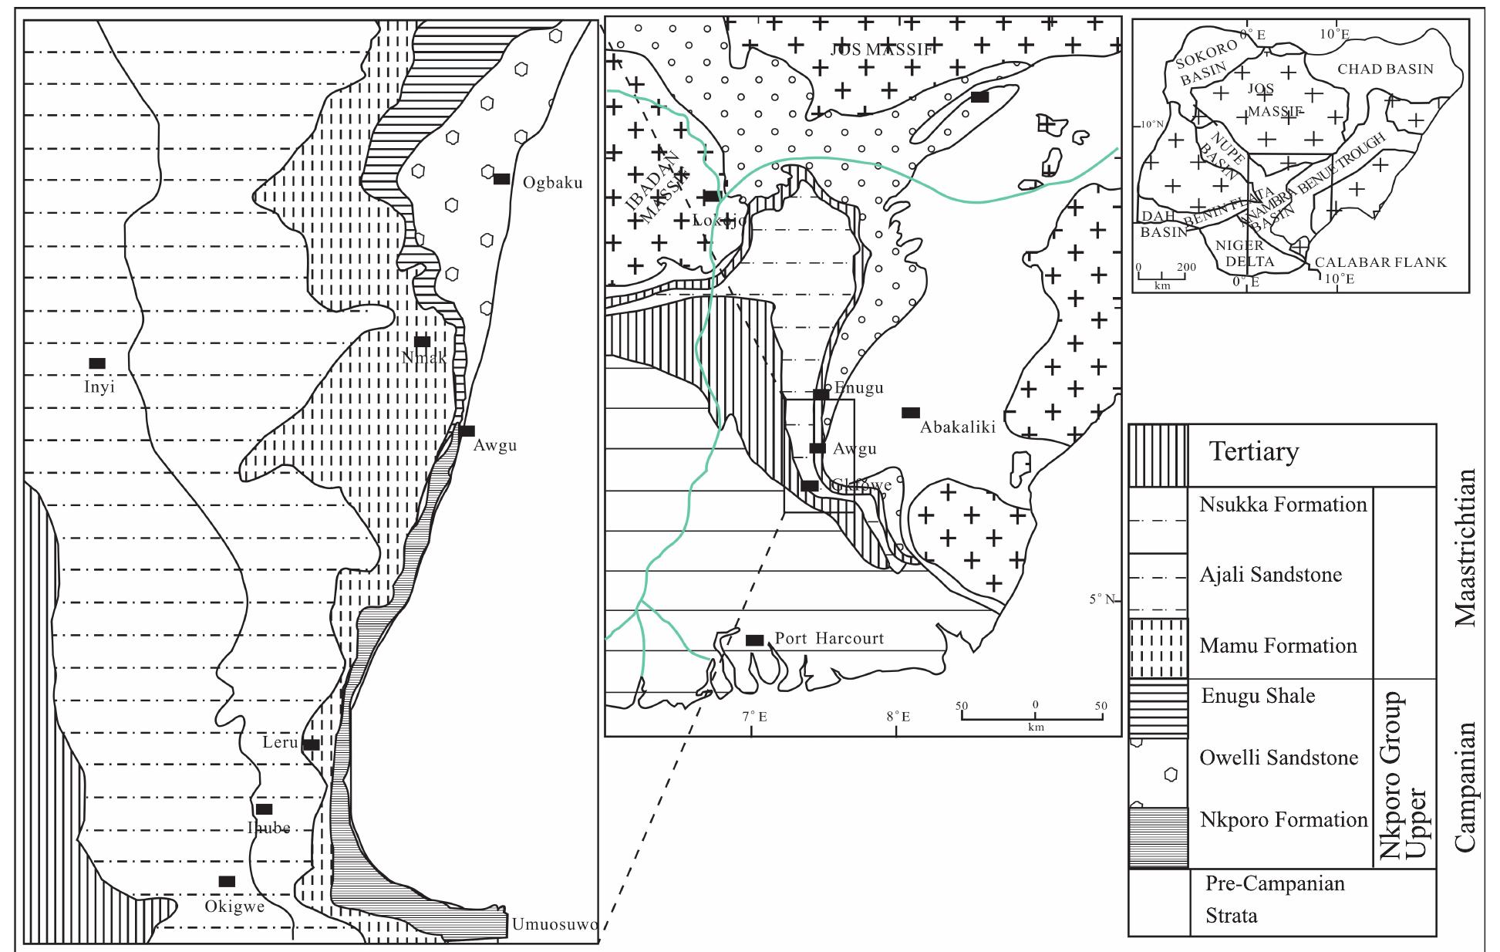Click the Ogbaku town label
tap(552, 183)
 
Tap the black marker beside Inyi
tap(97, 363)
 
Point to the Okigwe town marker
tap(227, 881)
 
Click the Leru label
tap(280, 743)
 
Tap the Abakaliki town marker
tap(911, 412)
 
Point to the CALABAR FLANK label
tap(1380, 262)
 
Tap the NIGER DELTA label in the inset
tap(1249, 253)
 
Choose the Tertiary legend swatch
tap(1158, 455)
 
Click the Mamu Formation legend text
tap(1278, 646)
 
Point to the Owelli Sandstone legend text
tap(1279, 758)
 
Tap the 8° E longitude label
tap(897, 717)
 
